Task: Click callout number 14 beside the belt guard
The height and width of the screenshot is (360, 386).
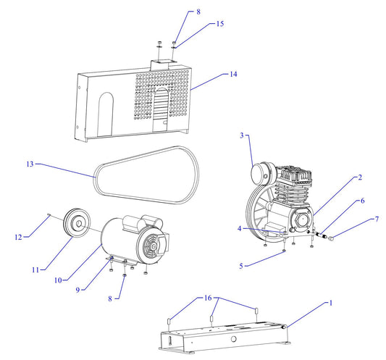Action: pos(234,74)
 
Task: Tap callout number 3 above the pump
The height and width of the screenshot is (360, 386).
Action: pos(243,135)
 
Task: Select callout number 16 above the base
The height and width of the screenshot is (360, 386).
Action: pos(208,298)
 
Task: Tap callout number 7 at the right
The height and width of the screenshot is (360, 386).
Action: pos(376,219)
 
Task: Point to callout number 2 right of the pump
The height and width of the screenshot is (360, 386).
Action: pos(360,177)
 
